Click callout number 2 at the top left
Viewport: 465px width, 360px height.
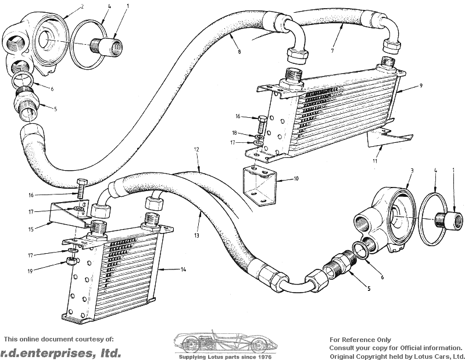pyautogui.click(x=83, y=7)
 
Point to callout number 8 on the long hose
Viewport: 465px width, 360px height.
pyautogui.click(x=239, y=52)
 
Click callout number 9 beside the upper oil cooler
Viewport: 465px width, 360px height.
pyautogui.click(x=420, y=86)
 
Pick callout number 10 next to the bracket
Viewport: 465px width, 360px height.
pyautogui.click(x=296, y=179)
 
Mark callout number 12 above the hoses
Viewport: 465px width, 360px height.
pyautogui.click(x=196, y=150)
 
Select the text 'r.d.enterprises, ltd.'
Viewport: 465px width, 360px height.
pyautogui.click(x=60, y=352)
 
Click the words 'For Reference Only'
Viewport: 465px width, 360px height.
pyautogui.click(x=360, y=340)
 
